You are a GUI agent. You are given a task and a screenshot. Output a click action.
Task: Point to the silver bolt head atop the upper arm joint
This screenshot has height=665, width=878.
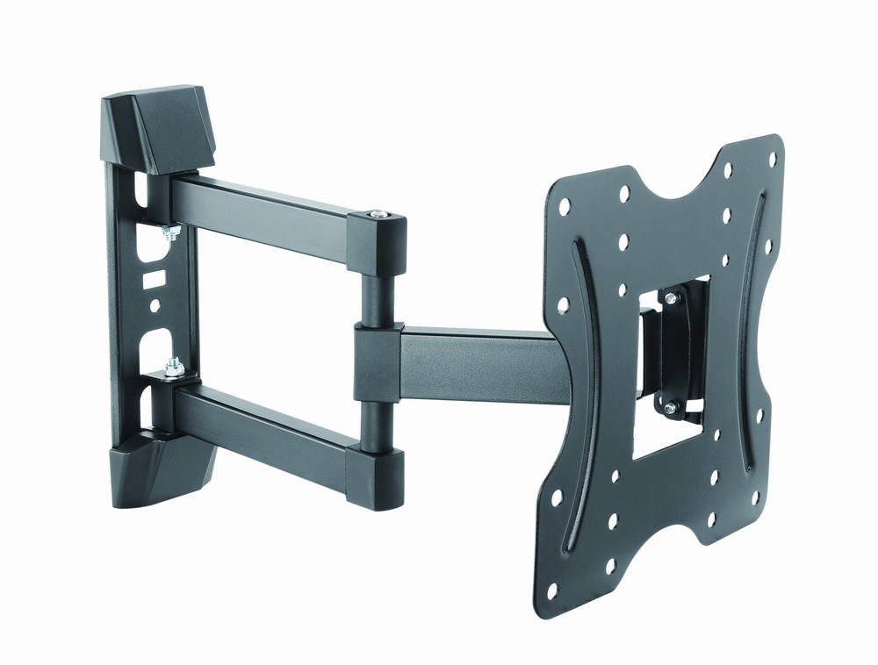tap(378, 215)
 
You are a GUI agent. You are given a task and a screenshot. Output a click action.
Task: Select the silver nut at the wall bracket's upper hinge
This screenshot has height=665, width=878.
tap(171, 232)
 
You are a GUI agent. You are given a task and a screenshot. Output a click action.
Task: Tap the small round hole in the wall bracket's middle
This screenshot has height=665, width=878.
tap(155, 307)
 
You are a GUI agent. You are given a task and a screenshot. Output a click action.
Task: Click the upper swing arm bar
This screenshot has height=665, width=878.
tap(263, 211)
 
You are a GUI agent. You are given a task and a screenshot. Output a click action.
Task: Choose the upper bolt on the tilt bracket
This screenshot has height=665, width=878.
tap(672, 299)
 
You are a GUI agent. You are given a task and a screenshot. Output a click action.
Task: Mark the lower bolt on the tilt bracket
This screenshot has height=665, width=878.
tap(671, 406)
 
